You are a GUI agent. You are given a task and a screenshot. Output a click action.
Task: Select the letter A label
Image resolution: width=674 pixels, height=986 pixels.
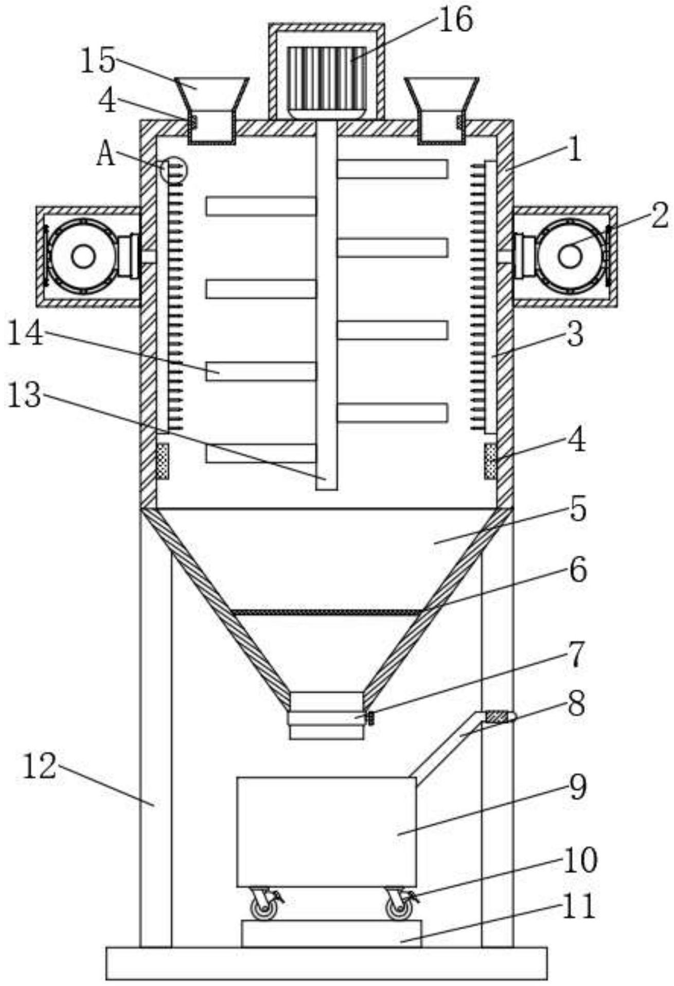(106, 154)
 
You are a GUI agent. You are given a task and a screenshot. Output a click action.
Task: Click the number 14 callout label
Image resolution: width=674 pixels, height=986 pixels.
(25, 333)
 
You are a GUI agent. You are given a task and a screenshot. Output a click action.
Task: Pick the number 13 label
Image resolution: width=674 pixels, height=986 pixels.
(25, 395)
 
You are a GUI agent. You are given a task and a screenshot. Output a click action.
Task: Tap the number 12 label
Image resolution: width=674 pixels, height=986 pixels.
(39, 766)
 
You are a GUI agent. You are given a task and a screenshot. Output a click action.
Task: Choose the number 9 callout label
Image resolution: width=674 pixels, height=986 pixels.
(578, 787)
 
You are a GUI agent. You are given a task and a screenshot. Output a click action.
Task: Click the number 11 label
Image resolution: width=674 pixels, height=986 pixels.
(579, 906)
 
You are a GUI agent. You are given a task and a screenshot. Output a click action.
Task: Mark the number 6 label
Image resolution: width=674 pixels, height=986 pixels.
(578, 570)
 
